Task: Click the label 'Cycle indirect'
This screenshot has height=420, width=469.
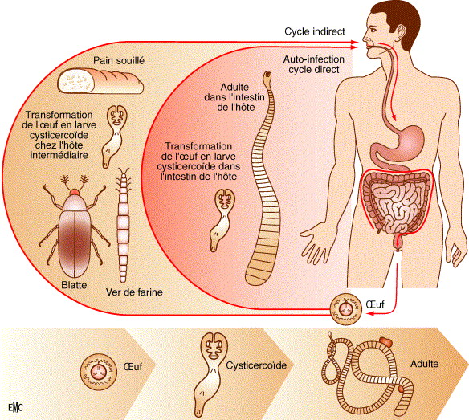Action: click(314, 31)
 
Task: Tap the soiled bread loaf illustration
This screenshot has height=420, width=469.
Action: click(100, 82)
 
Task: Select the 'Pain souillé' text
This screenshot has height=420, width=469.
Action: click(119, 60)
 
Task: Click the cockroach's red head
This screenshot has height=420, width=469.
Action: click(75, 192)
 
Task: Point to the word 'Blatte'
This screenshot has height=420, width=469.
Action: click(74, 285)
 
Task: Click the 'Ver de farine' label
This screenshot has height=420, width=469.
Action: click(134, 292)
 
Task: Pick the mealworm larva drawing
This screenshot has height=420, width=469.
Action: click(123, 225)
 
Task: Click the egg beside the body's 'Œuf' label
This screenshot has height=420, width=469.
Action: click(346, 309)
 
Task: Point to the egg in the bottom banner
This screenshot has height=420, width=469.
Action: click(98, 372)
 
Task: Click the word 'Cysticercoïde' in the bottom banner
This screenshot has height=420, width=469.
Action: click(256, 365)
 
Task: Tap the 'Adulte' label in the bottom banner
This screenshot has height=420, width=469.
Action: click(425, 364)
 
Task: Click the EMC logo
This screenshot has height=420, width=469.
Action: click(15, 407)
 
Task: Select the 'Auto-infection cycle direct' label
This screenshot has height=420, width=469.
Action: click(314, 64)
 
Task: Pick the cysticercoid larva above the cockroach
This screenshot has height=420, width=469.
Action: click(116, 136)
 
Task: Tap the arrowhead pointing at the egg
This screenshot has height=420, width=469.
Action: click(369, 313)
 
